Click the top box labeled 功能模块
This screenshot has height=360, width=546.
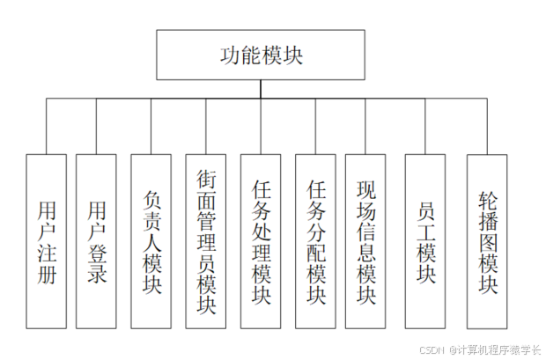point(261,54)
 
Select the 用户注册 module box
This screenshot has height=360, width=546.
point(47,240)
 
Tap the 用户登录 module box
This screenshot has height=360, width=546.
point(96,240)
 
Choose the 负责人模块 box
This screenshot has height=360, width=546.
point(151,240)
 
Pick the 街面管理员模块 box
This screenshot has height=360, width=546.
point(206,240)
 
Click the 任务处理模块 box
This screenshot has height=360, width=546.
point(261,240)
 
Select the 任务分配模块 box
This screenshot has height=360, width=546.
point(315,240)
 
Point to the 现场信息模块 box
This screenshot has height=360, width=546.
point(365,240)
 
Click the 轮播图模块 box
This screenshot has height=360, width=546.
point(487,240)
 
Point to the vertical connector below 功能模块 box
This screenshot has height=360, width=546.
point(261,89)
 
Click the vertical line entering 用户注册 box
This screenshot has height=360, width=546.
point(47,127)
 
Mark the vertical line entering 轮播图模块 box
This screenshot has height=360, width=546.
point(487,127)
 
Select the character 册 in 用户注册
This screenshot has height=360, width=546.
point(47,276)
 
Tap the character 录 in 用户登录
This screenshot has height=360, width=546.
point(97,276)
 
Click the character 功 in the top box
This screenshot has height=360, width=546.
point(230,55)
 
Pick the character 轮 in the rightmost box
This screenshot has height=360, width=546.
point(487,196)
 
